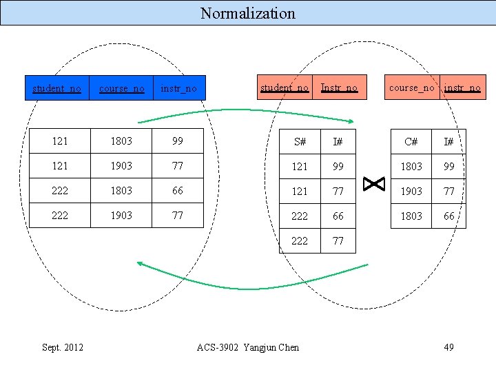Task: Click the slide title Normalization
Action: (248, 13)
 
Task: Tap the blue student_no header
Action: (57, 88)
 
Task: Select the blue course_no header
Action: (122, 88)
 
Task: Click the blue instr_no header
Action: (178, 88)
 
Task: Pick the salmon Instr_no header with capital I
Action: (339, 87)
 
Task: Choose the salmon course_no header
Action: (412, 87)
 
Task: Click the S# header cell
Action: (300, 142)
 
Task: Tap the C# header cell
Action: (411, 142)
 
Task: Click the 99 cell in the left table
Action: (178, 141)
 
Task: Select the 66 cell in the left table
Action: (178, 190)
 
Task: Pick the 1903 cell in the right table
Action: (411, 191)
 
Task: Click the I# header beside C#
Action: (449, 142)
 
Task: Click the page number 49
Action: (448, 347)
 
